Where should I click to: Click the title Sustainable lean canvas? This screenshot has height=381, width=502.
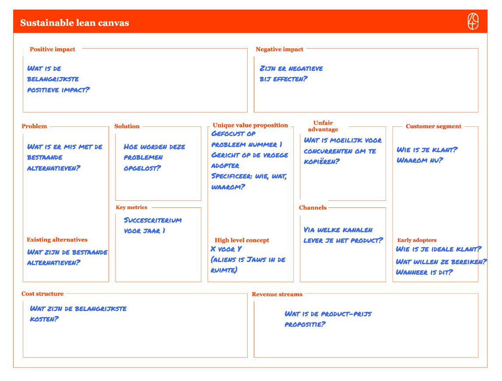[74, 23]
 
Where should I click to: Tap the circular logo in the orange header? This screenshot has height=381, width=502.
[473, 22]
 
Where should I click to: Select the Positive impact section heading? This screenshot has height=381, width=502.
[52, 49]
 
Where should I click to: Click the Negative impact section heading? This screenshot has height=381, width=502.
[279, 49]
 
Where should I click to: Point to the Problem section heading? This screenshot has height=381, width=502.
[34, 126]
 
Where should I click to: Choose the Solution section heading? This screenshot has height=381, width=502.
[127, 126]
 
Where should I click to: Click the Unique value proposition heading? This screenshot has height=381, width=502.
[250, 126]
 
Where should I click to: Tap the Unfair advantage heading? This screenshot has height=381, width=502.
[323, 126]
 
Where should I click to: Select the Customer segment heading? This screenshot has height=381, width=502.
[433, 126]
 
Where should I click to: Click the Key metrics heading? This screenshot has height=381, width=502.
[131, 207]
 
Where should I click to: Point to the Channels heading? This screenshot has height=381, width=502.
[312, 208]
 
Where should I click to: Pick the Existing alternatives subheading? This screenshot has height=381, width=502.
[57, 240]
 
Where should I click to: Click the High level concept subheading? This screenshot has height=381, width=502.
[242, 240]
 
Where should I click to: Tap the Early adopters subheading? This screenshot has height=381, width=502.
[417, 240]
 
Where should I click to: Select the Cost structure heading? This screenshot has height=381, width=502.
[42, 294]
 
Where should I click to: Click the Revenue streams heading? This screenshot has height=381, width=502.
[277, 294]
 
